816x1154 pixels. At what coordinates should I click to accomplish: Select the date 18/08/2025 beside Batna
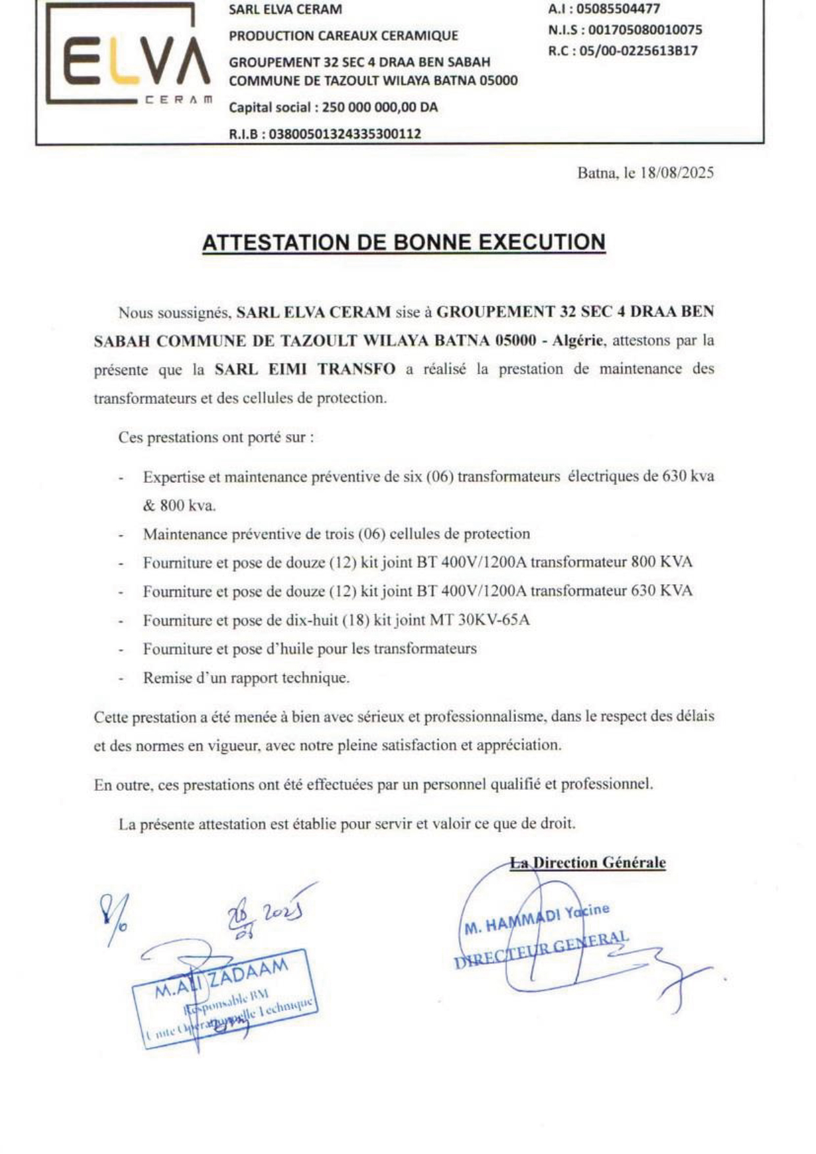tap(677, 173)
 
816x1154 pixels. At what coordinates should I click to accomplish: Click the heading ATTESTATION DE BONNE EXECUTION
tap(403, 242)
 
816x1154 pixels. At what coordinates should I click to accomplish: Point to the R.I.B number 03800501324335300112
tap(345, 134)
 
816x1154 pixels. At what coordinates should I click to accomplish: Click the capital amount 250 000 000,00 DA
tap(379, 107)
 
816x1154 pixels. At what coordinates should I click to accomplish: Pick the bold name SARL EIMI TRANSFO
tap(305, 369)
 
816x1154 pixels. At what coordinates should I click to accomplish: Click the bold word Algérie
tap(577, 340)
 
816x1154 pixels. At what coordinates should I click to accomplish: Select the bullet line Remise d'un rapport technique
tap(246, 678)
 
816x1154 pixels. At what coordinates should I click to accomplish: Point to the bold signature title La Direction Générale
tap(588, 863)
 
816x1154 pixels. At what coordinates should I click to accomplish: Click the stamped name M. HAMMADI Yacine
tap(537, 918)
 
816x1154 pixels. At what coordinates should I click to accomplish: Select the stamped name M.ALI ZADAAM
tap(222, 978)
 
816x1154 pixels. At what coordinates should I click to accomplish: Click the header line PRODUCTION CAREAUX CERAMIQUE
tap(343, 36)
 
